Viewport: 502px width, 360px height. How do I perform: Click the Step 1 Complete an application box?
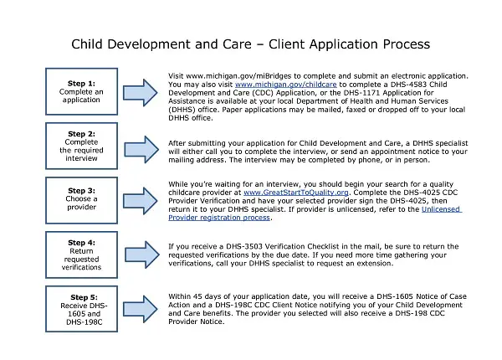click(x=80, y=91)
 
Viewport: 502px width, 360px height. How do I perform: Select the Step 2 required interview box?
click(x=80, y=146)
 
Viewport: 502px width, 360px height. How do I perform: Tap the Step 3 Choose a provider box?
click(x=80, y=199)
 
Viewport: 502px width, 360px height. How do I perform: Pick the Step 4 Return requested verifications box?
click(x=80, y=255)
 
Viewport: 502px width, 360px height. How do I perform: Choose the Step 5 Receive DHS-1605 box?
click(x=80, y=309)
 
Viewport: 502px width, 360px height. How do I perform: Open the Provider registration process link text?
click(x=220, y=218)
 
